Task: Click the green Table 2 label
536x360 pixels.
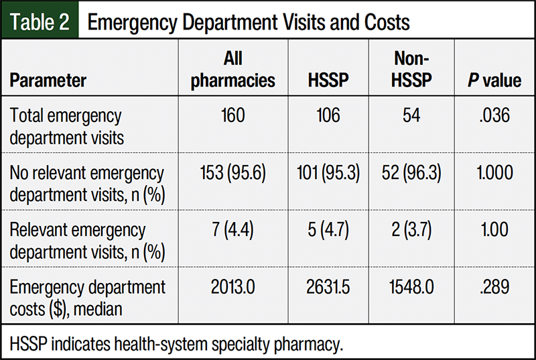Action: [40, 21]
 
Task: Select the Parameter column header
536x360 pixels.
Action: [48, 81]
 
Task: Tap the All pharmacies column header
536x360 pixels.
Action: [233, 70]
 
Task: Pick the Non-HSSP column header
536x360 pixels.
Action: [411, 70]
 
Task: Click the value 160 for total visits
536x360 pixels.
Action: [233, 116]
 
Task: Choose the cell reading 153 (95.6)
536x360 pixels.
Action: [233, 173]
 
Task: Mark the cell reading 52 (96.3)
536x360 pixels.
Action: [411, 173]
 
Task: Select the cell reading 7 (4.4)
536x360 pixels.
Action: [233, 231]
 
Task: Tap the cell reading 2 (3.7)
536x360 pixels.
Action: [411, 231]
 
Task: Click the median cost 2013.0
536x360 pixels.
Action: [233, 288]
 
